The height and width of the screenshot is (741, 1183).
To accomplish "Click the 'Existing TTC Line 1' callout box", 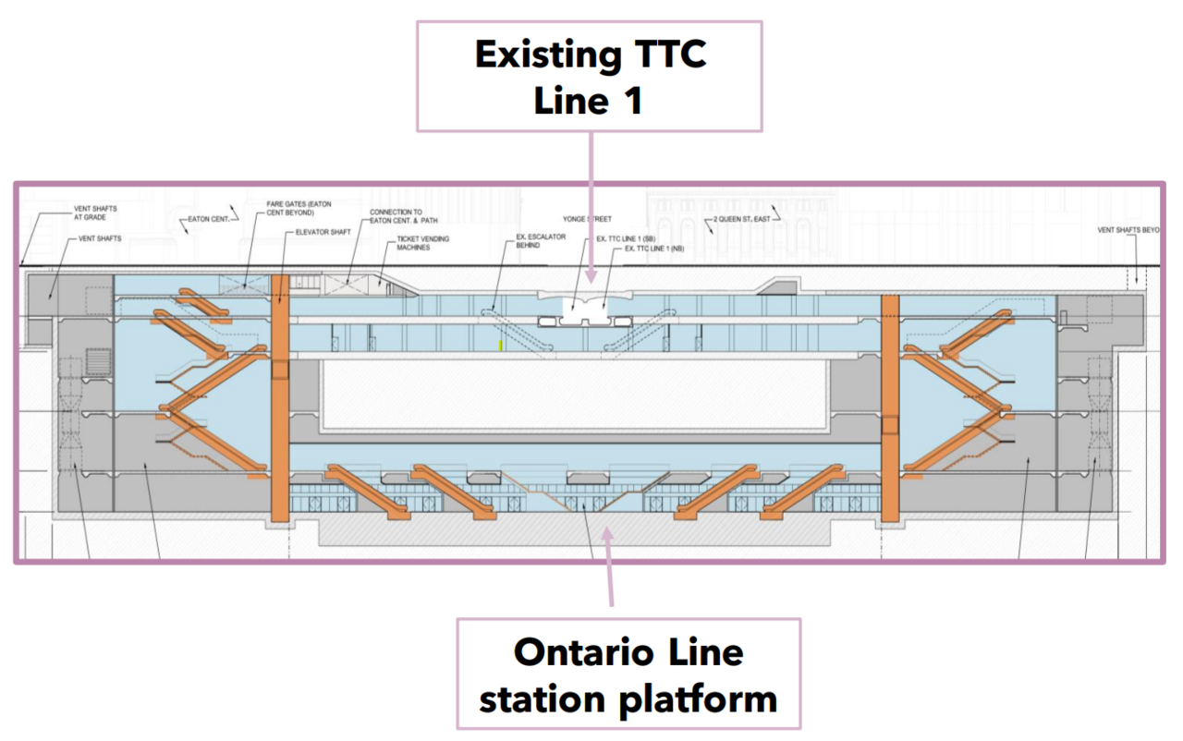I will (x=590, y=76).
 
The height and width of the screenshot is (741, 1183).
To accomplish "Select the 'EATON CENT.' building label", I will (x=208, y=220).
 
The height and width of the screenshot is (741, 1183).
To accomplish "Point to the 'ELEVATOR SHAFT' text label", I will (x=323, y=233).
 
